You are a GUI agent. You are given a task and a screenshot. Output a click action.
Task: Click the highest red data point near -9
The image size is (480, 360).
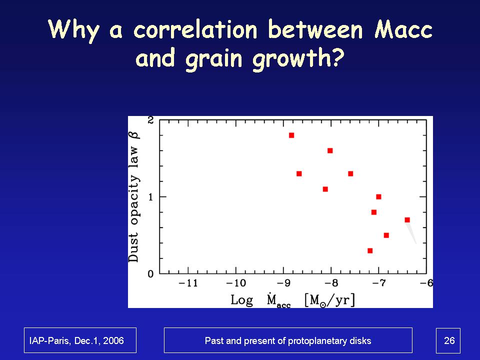[x=291, y=135]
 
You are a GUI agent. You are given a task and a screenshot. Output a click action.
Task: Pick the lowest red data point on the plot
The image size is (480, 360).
[x=370, y=250]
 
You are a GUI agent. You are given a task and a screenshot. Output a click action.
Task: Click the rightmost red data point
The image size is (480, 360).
[x=407, y=220]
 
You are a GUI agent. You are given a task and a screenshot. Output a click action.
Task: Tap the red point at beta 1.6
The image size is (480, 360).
[x=330, y=150]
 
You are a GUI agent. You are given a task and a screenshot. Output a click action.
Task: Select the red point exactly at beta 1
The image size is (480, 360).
[x=378, y=197]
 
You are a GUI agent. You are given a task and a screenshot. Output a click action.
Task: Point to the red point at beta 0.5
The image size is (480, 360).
[x=386, y=235]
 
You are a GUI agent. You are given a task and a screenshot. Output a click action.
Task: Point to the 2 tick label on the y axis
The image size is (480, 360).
[x=150, y=120]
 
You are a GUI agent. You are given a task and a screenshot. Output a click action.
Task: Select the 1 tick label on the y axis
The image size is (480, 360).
[x=150, y=197]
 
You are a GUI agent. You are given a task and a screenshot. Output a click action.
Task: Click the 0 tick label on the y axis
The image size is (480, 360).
[x=150, y=274]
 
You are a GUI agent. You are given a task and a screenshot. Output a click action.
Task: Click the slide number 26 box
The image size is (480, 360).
[x=448, y=340]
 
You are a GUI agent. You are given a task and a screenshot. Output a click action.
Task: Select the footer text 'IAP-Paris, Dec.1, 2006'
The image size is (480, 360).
[x=80, y=340]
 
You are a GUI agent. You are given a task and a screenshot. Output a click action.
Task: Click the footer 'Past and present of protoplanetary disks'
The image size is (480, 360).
[x=288, y=340]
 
